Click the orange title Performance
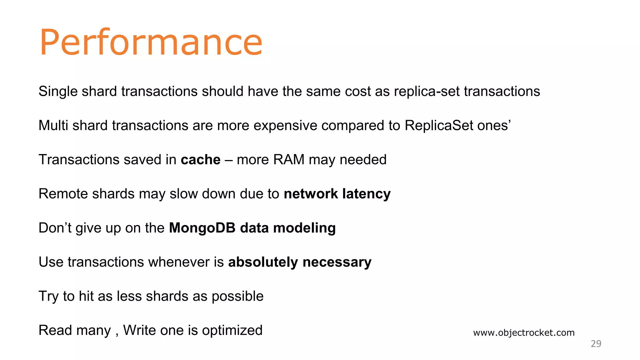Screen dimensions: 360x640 [x=151, y=42]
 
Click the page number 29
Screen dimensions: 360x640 [x=596, y=344]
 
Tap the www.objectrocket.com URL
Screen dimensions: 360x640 [x=524, y=332]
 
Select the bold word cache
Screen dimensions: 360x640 [x=201, y=160]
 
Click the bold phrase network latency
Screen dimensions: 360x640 [x=337, y=194]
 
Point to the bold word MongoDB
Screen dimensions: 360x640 [x=202, y=228]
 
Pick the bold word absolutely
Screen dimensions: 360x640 [x=263, y=262]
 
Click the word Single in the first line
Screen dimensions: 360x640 [x=58, y=92]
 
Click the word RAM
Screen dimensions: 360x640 [x=288, y=160]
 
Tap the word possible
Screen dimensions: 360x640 [x=237, y=296]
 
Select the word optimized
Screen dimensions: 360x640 [x=232, y=330]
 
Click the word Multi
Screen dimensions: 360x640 [x=53, y=126]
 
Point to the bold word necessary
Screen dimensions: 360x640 [x=337, y=262]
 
